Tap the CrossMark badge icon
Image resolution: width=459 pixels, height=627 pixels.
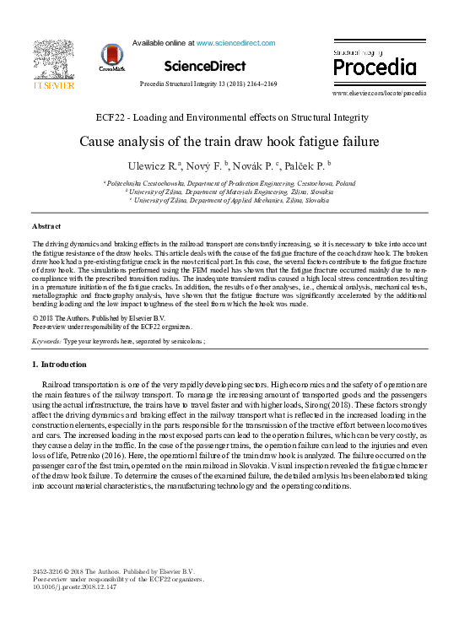tap(111, 57)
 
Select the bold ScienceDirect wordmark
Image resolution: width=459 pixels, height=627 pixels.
tap(205, 66)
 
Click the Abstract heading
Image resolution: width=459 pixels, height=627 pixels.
tap(46, 227)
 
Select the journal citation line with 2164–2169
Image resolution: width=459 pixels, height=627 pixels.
tap(229, 85)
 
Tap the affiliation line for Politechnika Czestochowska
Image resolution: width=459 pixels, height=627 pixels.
tap(229, 183)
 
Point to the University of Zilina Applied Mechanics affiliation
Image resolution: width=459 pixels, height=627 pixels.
tap(229, 201)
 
